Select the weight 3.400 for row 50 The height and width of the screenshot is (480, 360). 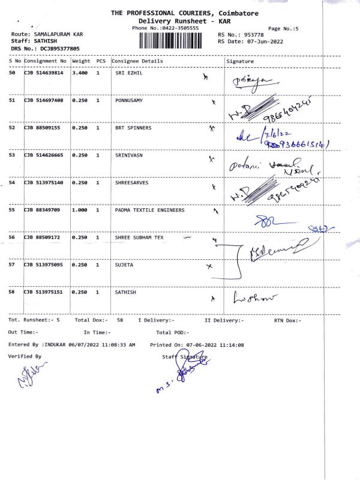point(80,73)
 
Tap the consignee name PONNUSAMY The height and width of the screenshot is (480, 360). point(129,100)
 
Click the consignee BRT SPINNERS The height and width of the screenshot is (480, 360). point(133,128)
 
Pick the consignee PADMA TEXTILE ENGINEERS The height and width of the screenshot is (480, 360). point(149,210)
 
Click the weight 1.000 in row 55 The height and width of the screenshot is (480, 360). point(80,210)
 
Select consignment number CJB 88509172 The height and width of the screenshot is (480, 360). point(43,238)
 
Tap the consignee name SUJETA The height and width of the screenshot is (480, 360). point(124,265)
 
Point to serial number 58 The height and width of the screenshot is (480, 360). point(12,292)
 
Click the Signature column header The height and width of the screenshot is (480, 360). point(240,61)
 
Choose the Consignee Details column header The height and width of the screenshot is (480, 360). point(137,61)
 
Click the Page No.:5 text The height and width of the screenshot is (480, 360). point(283,28)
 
